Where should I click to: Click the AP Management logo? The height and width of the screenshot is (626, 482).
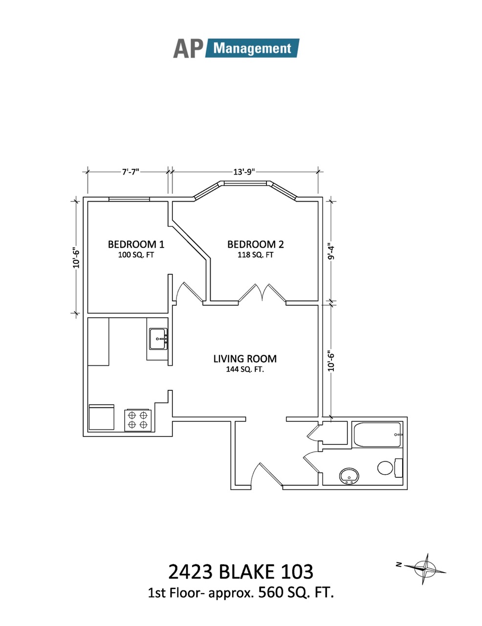(236, 48)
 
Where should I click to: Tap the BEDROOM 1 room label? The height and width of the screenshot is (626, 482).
(136, 245)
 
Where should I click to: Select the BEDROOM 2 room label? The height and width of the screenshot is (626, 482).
(255, 245)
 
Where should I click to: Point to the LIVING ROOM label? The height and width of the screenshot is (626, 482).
(245, 358)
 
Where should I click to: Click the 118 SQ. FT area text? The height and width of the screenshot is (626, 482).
(255, 255)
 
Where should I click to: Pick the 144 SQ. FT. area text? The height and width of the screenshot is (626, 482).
(245, 369)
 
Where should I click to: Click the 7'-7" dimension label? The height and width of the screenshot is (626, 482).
(131, 172)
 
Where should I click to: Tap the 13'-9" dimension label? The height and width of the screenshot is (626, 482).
(244, 172)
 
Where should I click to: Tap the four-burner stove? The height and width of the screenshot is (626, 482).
(138, 420)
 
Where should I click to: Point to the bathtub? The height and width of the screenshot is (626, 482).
(377, 435)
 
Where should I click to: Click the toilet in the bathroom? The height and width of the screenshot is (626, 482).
(389, 469)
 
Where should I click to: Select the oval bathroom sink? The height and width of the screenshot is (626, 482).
(349, 476)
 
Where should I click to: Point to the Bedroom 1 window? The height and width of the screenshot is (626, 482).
(129, 199)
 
